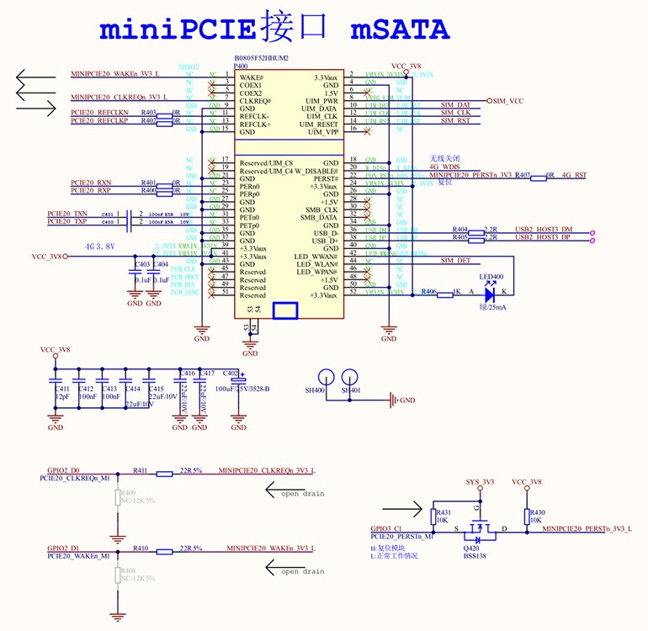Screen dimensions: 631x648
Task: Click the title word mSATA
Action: click(400, 29)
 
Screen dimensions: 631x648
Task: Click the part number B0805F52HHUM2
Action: click(261, 58)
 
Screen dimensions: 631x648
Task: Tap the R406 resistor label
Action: click(428, 291)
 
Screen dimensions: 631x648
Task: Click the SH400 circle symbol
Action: click(327, 379)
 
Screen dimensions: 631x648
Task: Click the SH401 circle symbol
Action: click(349, 379)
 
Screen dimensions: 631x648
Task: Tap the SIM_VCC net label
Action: click(508, 101)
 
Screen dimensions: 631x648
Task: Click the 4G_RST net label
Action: click(574, 175)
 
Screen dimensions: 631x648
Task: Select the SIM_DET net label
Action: click(455, 261)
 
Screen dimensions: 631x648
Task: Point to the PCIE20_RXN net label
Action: click(91, 183)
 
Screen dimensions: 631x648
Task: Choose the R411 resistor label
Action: click(140, 470)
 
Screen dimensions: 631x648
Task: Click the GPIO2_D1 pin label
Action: click(63, 548)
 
